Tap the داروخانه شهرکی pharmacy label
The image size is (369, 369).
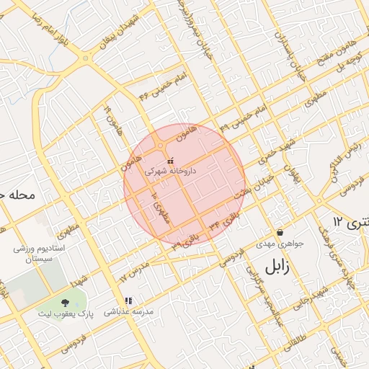tap(171, 172)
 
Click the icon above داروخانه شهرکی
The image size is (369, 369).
tap(171, 161)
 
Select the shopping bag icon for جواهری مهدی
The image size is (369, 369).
tap(280, 232)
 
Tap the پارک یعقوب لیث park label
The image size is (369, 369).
tap(66, 315)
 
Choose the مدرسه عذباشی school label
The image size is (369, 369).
tap(128, 312)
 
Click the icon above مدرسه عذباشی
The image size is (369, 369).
tap(128, 301)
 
